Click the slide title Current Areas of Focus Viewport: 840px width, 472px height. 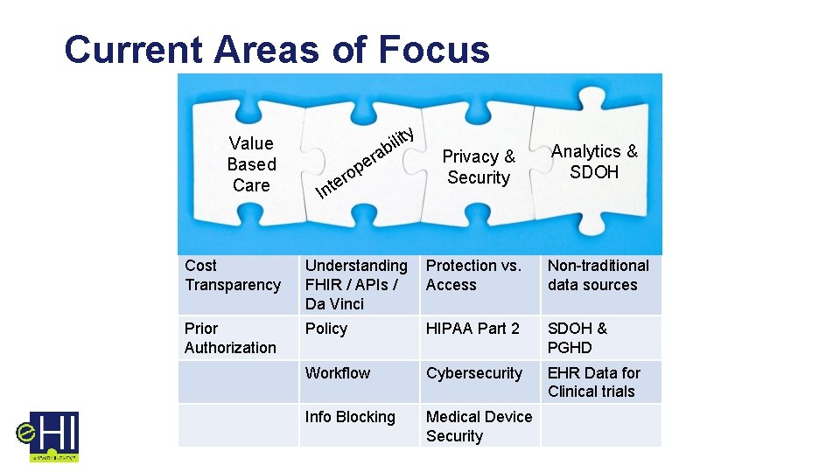pyautogui.click(x=276, y=50)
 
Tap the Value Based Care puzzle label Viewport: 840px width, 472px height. pyautogui.click(x=251, y=164)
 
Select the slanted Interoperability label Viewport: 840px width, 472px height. pyautogui.click(x=363, y=163)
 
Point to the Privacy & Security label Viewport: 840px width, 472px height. pyautogui.click(x=478, y=167)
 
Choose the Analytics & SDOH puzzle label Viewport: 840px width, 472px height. pyautogui.click(x=594, y=162)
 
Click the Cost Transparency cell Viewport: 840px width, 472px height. pyautogui.click(x=233, y=275)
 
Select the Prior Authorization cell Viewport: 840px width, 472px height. pyautogui.click(x=230, y=338)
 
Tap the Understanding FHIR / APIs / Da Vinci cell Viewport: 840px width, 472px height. pyautogui.click(x=356, y=285)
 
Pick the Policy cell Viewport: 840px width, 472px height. pyautogui.click(x=326, y=329)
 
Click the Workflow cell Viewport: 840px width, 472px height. pyautogui.click(x=338, y=373)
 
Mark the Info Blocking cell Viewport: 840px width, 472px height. pyautogui.click(x=350, y=417)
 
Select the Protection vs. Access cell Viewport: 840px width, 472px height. pyautogui.click(x=473, y=275)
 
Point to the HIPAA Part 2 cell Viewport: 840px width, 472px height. pyautogui.click(x=472, y=329)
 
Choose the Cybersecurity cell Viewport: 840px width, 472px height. pyautogui.click(x=474, y=373)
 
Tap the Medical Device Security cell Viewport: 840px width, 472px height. pyautogui.click(x=479, y=427)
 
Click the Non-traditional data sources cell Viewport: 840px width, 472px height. pyautogui.click(x=598, y=275)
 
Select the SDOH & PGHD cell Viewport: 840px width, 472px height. pyautogui.click(x=577, y=338)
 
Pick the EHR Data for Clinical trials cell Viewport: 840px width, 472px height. pyautogui.click(x=594, y=383)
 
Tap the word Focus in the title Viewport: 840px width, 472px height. pyautogui.click(x=435, y=50)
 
